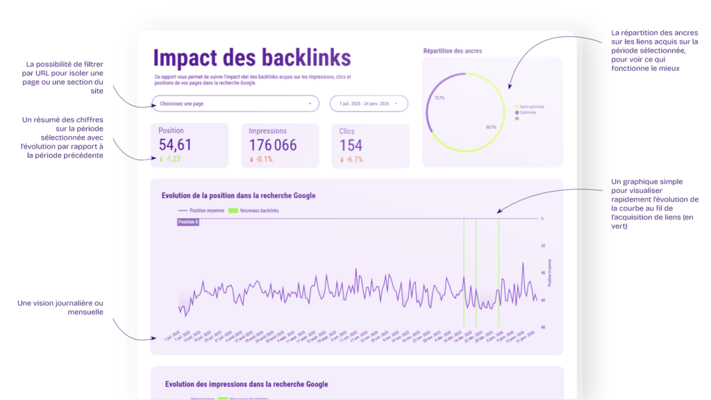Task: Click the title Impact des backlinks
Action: [251, 57]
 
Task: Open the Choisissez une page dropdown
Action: [235, 103]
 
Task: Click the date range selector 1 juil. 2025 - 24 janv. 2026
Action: [369, 103]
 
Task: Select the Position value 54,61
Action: [175, 144]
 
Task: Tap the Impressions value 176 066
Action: [273, 144]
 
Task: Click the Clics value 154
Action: [351, 144]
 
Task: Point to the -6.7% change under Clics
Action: [353, 159]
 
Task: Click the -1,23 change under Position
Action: [170, 159]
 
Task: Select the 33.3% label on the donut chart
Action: [440, 98]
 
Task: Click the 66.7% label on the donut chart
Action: [491, 127]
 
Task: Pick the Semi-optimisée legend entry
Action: [532, 106]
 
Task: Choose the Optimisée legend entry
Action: [528, 112]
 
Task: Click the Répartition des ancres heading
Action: [452, 51]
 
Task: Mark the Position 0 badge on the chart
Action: [187, 222]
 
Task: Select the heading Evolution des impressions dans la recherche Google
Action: [246, 384]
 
